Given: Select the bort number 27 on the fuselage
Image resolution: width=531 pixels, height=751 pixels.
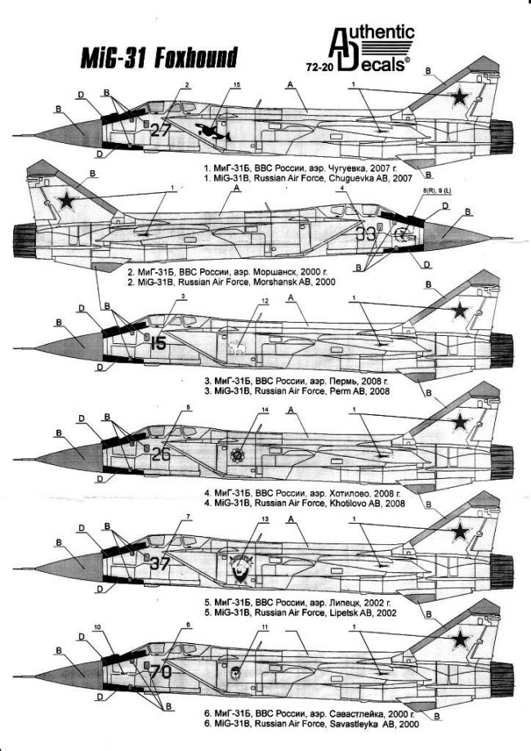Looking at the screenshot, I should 160,129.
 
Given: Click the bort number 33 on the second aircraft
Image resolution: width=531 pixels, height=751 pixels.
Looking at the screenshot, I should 367,234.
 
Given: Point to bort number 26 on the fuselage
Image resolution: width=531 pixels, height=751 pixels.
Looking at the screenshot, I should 161,454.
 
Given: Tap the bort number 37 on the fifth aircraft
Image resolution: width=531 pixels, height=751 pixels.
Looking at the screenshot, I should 160,563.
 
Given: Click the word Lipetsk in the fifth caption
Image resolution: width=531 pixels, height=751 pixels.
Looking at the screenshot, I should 339,612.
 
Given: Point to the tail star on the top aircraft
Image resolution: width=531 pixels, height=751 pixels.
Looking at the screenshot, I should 461,98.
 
